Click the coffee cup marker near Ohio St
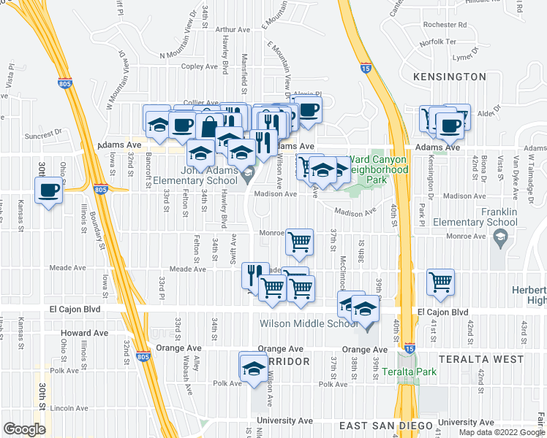pos(48,191)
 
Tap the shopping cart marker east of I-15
pos(440,282)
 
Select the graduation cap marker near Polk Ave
pos(253,367)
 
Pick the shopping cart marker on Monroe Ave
pos(298,241)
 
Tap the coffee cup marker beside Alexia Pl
pos(309,110)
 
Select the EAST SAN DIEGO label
pos(382,425)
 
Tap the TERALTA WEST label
pos(481,359)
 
